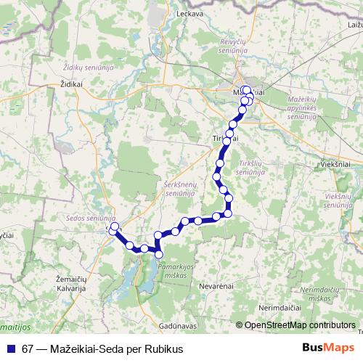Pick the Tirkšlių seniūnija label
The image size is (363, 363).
(248, 168)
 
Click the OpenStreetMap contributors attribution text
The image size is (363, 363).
(300, 325)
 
